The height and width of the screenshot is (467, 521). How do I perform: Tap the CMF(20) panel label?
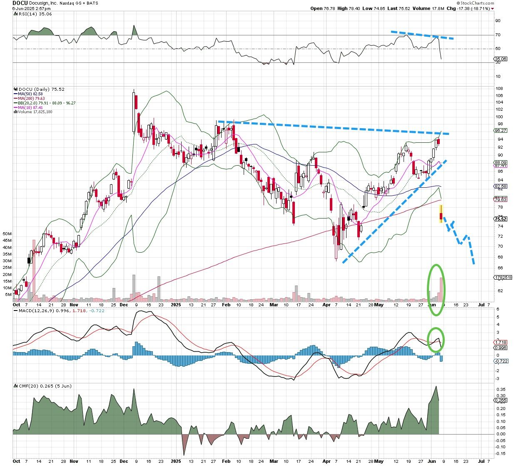[x=28, y=386]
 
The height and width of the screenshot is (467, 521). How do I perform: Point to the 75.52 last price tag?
[x=500, y=219]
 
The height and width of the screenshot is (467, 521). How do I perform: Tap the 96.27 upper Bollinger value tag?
[x=500, y=130]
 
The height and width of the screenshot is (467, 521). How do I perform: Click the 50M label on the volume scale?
[x=7, y=234]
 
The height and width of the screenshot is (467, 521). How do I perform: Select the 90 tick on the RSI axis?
[x=498, y=20]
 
